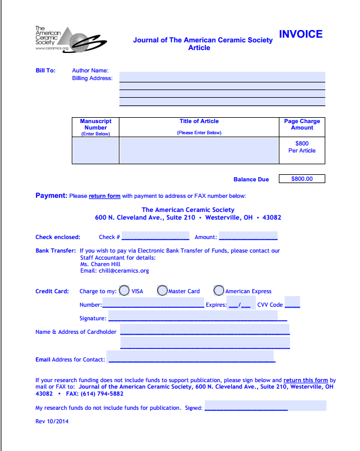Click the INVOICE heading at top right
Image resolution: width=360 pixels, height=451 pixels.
(301, 34)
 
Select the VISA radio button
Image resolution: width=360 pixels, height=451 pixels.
(125, 290)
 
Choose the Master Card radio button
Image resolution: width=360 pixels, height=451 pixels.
(162, 290)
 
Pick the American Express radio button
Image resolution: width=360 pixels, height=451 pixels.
(219, 290)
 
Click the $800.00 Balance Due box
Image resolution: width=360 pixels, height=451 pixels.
(302, 179)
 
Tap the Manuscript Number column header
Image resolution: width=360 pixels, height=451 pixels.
(95, 127)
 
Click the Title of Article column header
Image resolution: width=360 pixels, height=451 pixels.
(199, 121)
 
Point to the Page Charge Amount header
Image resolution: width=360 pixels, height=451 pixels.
(302, 124)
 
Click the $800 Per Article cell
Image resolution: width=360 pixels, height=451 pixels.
(302, 147)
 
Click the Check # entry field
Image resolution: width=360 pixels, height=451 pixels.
(155, 237)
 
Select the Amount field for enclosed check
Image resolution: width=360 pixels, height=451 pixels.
(248, 237)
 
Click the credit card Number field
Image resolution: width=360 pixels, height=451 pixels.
(153, 304)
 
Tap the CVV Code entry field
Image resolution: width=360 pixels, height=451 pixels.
(292, 304)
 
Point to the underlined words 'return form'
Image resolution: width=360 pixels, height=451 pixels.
(105, 196)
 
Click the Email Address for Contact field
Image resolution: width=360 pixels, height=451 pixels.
(191, 359)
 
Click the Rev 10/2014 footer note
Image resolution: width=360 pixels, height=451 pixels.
(52, 422)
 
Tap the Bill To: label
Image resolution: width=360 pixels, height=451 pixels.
(45, 71)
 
